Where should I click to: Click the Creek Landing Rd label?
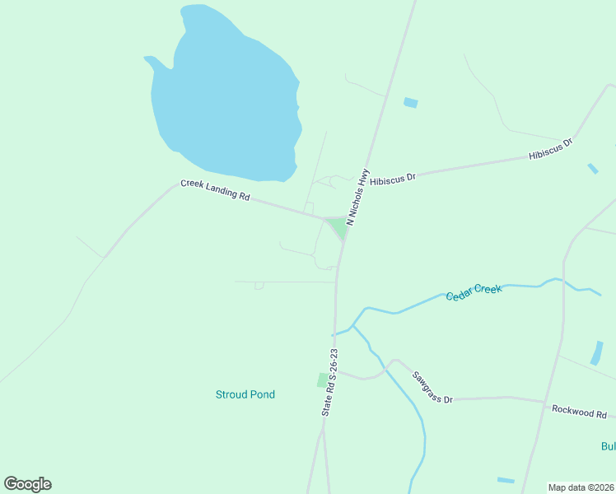(215, 190)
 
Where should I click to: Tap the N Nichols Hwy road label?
(357, 198)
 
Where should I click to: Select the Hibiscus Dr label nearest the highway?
(394, 178)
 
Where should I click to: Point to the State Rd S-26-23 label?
(330, 381)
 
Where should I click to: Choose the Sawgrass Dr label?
(433, 386)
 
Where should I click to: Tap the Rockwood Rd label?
(579, 411)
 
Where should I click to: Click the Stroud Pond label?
(245, 394)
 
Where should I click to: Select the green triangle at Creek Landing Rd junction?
(338, 226)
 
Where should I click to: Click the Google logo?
(27, 484)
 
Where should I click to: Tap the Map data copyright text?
(581, 487)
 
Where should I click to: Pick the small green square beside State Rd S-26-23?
(322, 380)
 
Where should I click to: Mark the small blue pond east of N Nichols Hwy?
(410, 103)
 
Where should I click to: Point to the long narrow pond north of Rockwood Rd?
(596, 352)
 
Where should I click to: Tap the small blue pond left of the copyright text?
(506, 480)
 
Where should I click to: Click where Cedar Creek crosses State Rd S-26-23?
(335, 334)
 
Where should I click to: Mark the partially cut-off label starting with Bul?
(608, 446)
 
